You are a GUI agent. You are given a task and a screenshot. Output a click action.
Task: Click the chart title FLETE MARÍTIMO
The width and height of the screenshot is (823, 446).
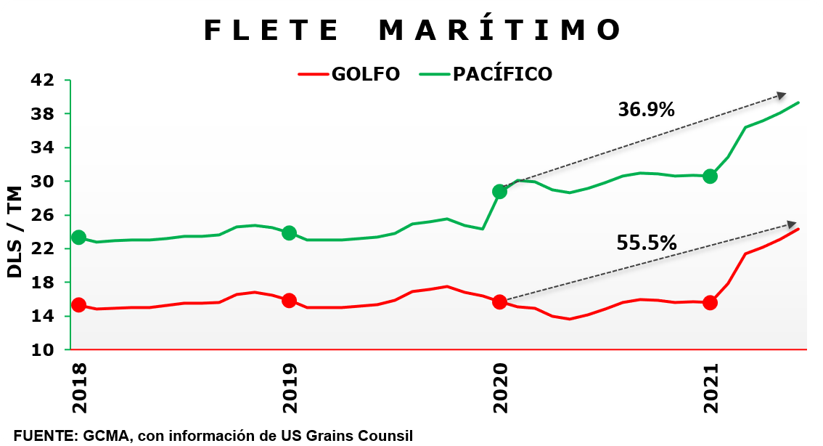[412, 31]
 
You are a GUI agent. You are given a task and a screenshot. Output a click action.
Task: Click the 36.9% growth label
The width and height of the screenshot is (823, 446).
[646, 110]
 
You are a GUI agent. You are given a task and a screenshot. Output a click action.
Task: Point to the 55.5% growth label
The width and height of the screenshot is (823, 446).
[646, 243]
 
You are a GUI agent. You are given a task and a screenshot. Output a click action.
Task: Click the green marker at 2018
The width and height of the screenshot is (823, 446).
[78, 238]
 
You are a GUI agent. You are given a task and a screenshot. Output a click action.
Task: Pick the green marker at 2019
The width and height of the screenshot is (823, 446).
[289, 233]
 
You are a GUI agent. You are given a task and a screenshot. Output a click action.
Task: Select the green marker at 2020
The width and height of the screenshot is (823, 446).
[499, 192]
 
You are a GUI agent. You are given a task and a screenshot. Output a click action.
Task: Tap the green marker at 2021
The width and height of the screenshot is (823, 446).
[710, 176]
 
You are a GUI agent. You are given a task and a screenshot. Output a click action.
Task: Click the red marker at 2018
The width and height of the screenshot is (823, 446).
[78, 305]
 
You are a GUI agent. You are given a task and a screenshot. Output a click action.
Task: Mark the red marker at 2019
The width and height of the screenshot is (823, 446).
[289, 300]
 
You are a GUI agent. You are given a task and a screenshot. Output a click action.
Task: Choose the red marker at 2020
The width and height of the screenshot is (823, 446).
[499, 302]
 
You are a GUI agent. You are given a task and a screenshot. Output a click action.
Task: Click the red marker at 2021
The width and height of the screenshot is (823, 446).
[710, 302]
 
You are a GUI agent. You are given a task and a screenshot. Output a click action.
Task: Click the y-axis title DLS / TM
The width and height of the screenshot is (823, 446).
[16, 232]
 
